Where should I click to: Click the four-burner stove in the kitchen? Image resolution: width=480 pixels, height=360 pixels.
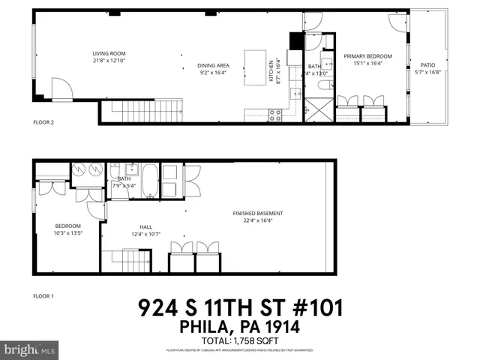pos(274,115)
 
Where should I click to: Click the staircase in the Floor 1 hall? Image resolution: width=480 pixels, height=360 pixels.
pos(130,262)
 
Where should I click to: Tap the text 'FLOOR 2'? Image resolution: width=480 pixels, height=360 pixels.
pos(43,121)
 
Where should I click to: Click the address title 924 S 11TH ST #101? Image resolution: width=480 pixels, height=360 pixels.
pos(240,308)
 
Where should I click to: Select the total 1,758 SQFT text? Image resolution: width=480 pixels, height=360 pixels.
pos(240,340)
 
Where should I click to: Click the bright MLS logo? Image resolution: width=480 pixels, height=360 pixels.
pos(30,349)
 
